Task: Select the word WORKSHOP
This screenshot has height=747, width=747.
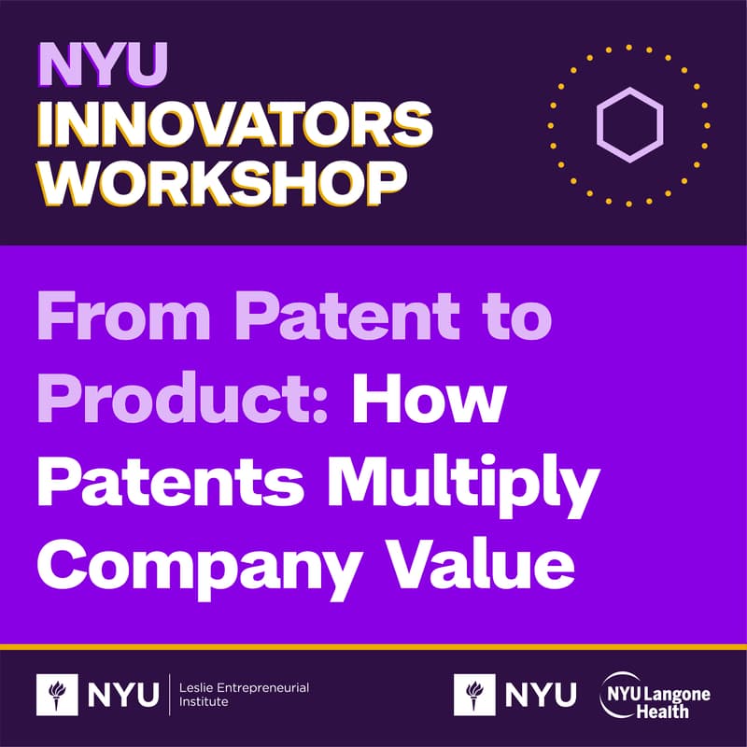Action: click(225, 181)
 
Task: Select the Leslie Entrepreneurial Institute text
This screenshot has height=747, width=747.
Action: click(243, 696)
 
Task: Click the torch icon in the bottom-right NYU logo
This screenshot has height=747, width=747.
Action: click(474, 697)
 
